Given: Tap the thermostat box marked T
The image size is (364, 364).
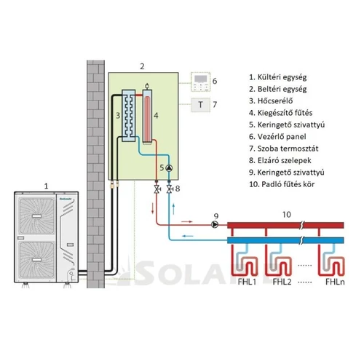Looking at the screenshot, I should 199,104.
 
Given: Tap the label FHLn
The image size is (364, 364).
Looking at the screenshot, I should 334,282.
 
